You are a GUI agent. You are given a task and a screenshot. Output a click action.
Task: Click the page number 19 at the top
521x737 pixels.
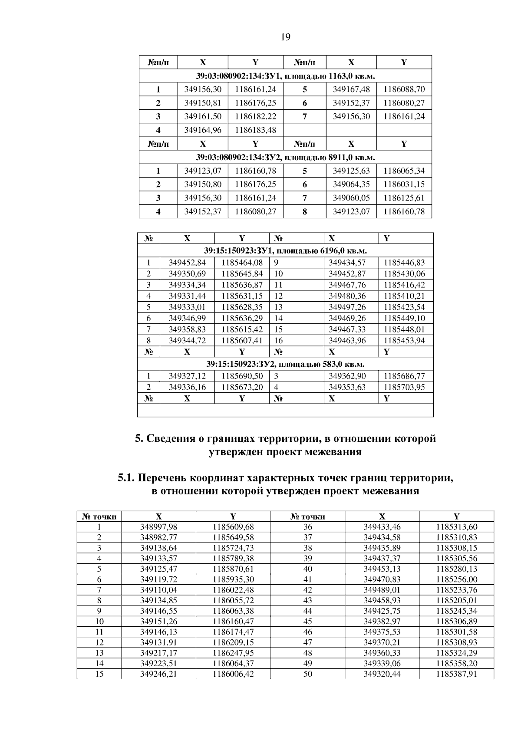285,37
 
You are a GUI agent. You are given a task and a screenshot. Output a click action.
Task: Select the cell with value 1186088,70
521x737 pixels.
404,89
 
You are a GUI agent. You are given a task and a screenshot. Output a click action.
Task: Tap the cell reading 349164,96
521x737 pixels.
203,130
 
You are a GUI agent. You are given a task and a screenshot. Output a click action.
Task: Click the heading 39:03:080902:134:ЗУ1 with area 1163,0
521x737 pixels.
285,76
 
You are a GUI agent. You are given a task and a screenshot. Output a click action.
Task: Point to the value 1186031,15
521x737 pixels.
404,184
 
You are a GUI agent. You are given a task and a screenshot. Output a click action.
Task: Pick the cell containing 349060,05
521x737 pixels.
351,198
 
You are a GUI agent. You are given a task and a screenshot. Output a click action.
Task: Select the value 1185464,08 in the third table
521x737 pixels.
242,263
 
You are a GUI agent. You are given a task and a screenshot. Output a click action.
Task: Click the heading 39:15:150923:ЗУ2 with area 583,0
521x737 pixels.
285,364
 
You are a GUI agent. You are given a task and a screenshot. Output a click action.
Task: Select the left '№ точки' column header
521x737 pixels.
99,517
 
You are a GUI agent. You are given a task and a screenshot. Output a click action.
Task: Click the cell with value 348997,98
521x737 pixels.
158,527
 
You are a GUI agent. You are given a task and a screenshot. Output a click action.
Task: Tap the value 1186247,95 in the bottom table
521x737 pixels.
233,653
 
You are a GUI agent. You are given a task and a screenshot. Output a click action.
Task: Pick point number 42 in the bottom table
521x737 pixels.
307,590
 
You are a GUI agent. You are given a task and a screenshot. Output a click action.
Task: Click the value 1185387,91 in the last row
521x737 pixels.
456,674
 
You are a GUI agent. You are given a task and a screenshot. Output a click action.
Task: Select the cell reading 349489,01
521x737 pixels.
382,590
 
